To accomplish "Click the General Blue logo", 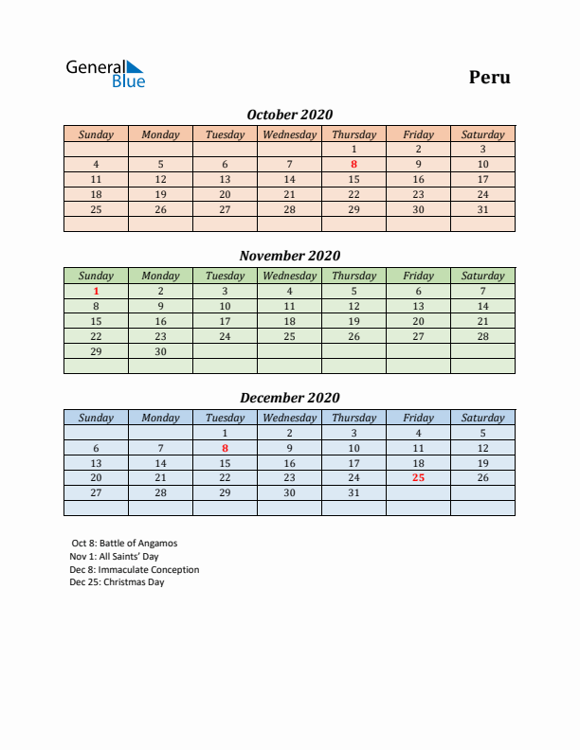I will point(104,74).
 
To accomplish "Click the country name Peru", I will point(489,77).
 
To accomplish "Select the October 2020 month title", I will point(289,115).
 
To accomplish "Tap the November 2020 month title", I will point(289,256).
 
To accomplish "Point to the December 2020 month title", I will point(289,398).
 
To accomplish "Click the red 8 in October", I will point(353,164).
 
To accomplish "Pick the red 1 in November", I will point(96,292).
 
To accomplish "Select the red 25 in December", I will point(418,478).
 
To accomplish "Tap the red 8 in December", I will point(225,448).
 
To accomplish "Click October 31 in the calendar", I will point(482,209).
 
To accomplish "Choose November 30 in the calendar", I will point(160,351).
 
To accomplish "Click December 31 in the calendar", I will point(353,493).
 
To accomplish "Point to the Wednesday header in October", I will point(289,134).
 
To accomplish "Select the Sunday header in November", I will point(96,276).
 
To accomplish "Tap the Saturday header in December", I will point(482,418).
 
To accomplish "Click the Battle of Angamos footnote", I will point(124,544).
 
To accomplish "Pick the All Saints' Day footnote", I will point(115,557).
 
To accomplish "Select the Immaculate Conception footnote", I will point(135,570).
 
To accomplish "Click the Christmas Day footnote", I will point(118,582).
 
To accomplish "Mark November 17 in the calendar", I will point(225,321).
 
